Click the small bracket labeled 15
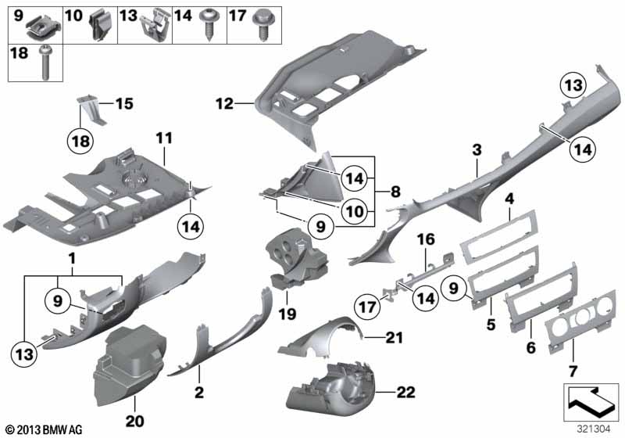tap(91, 108)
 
